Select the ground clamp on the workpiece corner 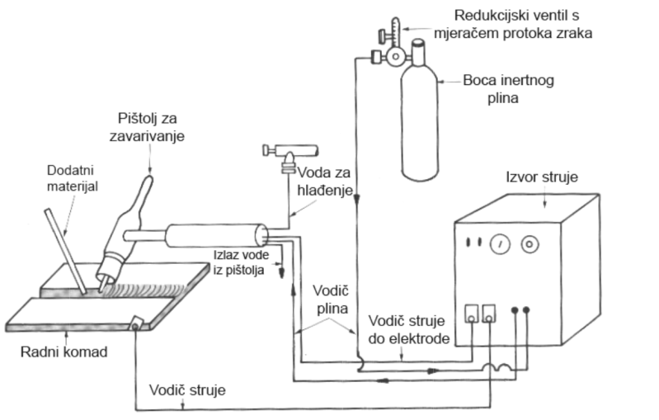[x=137, y=323]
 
